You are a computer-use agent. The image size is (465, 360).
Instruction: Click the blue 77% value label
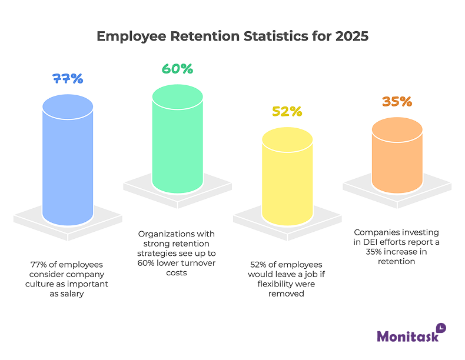pos(68,78)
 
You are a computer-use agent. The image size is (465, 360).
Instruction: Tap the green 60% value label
pos(177,68)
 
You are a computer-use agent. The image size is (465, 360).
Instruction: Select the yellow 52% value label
pos(287,111)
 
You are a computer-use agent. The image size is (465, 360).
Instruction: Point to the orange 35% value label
pos(397,101)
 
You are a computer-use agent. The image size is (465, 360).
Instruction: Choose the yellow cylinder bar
pos(287,182)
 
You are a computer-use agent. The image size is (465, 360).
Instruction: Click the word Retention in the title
pos(204,36)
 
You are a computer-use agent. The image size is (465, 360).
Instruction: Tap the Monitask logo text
pos(407,336)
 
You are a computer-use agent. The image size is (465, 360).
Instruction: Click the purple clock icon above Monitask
pos(441,327)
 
